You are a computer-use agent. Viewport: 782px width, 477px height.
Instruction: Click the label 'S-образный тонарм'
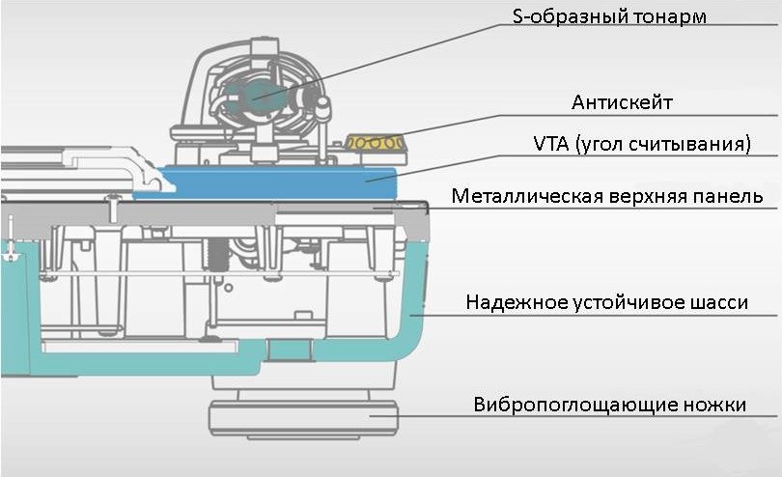click(x=611, y=17)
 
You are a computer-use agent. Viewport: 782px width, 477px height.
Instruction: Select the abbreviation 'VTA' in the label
click(x=551, y=145)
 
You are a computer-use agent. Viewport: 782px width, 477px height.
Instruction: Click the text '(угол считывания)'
click(x=664, y=145)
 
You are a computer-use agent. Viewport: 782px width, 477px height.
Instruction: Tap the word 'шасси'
click(x=715, y=303)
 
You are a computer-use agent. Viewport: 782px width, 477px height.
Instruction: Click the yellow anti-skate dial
click(x=376, y=143)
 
